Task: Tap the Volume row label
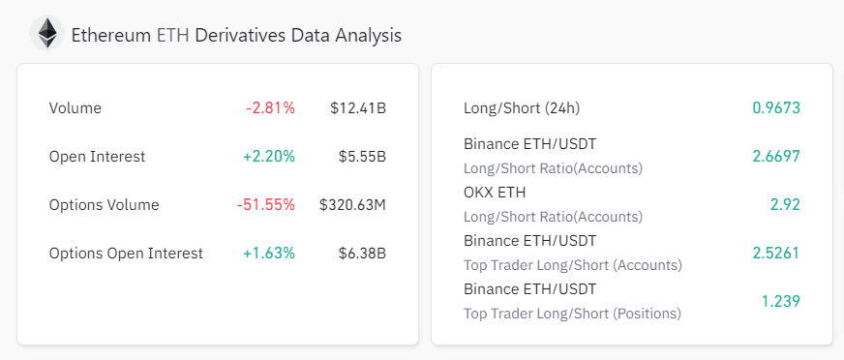point(75,107)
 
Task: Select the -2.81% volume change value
point(270,107)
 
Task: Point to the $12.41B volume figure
point(357,107)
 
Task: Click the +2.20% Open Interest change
point(269,156)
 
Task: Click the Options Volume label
point(104,204)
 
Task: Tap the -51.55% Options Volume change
point(266,204)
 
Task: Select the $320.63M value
point(352,204)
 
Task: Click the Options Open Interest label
point(126,253)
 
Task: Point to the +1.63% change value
point(269,253)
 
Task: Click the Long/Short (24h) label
point(522,107)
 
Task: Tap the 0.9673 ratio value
point(776,107)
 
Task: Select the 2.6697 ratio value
point(776,156)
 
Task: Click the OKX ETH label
point(495,193)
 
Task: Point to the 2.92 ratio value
point(785,204)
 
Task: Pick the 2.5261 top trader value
point(776,253)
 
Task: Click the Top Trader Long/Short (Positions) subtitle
point(572,313)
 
